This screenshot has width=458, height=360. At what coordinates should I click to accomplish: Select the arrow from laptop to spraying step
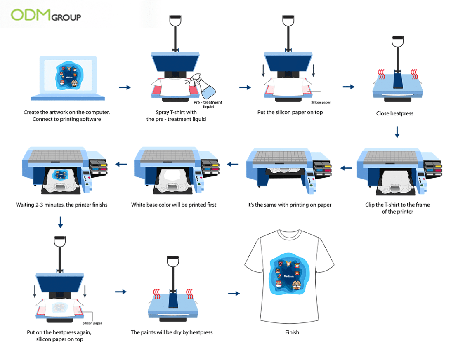[125, 87]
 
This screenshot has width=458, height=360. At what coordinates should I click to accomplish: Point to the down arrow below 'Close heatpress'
[397, 132]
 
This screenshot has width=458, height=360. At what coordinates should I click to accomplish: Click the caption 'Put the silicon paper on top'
[290, 112]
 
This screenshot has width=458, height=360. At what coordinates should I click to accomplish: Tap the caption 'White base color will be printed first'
[173, 205]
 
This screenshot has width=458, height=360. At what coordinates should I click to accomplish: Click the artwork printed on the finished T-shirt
[288, 276]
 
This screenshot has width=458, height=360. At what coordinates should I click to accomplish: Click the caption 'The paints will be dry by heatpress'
[172, 332]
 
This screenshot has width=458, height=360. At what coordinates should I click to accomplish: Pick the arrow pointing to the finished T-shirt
[234, 294]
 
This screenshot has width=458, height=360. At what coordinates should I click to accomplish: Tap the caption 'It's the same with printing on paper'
[289, 205]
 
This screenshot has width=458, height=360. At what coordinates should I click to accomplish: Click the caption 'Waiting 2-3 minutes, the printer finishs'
[61, 205]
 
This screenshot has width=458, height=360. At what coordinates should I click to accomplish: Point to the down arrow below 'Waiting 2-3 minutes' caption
[61, 223]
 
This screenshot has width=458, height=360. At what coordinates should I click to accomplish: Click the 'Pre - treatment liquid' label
[208, 104]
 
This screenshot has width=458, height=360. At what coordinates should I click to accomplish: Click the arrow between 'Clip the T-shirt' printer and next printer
[346, 168]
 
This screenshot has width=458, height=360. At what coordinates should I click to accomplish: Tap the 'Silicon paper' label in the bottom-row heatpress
[92, 323]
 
